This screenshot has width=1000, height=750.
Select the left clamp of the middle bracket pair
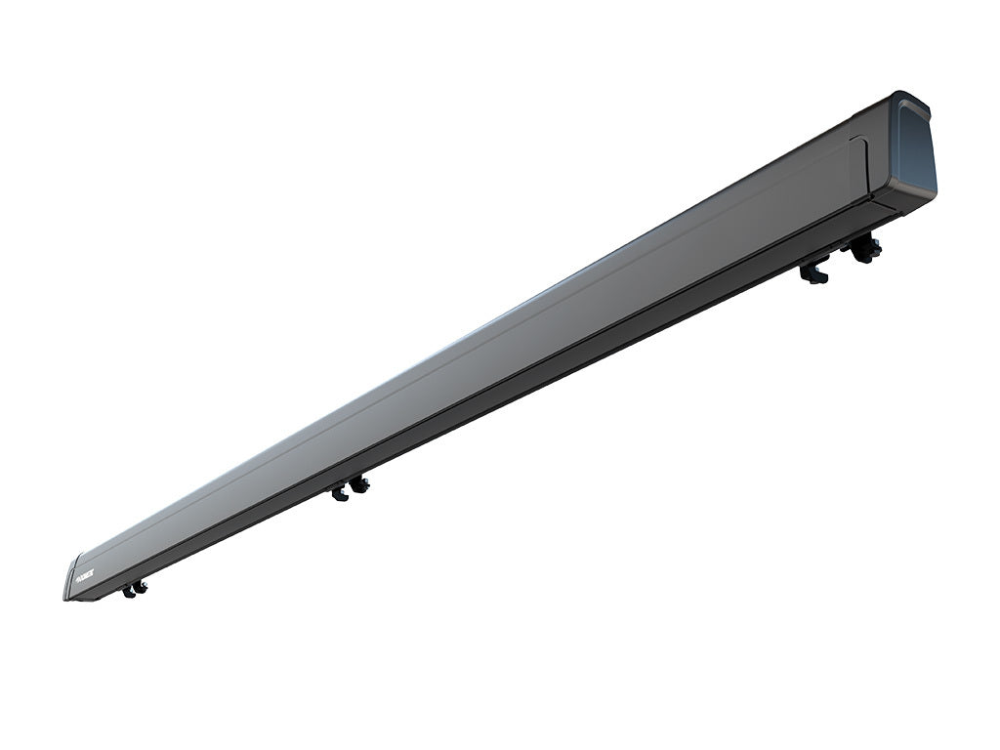[340, 493]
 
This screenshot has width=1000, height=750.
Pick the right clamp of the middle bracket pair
[360, 484]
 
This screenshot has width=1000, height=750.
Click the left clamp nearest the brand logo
[129, 591]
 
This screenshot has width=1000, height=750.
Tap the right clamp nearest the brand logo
[141, 586]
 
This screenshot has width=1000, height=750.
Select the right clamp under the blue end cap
[864, 250]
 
